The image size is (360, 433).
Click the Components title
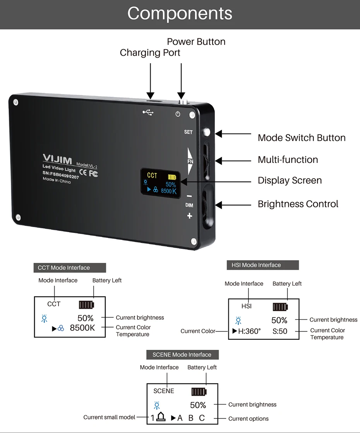pos(180,13)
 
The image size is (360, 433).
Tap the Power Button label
pos(196,42)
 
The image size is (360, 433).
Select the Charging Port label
pos(150,53)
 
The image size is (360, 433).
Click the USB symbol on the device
pos(148,112)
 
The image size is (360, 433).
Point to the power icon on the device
pos(178,114)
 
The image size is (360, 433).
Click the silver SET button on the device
pos(206,132)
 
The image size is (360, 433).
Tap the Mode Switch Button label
pos(302,138)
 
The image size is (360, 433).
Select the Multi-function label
pos(288,159)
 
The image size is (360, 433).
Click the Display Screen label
pos(290,180)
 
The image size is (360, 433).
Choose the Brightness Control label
pos(298,204)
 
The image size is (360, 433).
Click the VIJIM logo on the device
pos(57,159)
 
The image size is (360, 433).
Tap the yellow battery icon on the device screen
pos(172,177)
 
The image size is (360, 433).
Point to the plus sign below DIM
pos(190,216)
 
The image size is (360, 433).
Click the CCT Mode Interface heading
pos(64,268)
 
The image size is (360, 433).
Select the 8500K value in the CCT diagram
pos(82,328)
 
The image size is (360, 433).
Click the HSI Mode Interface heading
pos(256,265)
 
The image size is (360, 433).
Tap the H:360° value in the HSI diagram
pos(250,331)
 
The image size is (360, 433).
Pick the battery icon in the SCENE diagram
pos(199,392)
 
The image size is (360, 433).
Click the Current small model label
pos(110,417)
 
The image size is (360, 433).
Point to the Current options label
pos(249,419)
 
